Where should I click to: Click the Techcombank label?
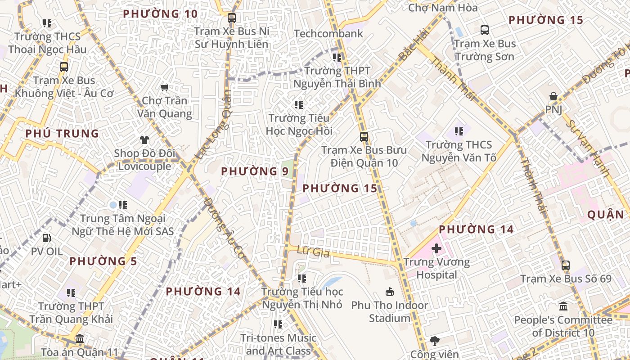[x=328, y=34]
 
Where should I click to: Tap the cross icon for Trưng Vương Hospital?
[x=436, y=248]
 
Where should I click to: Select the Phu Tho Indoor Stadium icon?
[x=390, y=292]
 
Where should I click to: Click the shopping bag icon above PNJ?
[x=553, y=96]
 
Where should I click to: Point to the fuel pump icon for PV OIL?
[x=47, y=238]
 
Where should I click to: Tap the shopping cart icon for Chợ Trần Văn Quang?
[x=165, y=87]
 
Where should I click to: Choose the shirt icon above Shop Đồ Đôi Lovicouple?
[x=144, y=140]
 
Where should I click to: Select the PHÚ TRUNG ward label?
[x=62, y=134]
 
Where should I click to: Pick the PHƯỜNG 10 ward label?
[x=160, y=14]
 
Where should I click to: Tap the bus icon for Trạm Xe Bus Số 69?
[x=566, y=265]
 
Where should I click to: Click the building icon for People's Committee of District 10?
[x=563, y=307]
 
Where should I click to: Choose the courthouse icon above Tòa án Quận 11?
[x=80, y=338]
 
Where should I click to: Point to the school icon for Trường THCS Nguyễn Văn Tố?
[x=459, y=131]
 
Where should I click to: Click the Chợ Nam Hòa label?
[x=443, y=8]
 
